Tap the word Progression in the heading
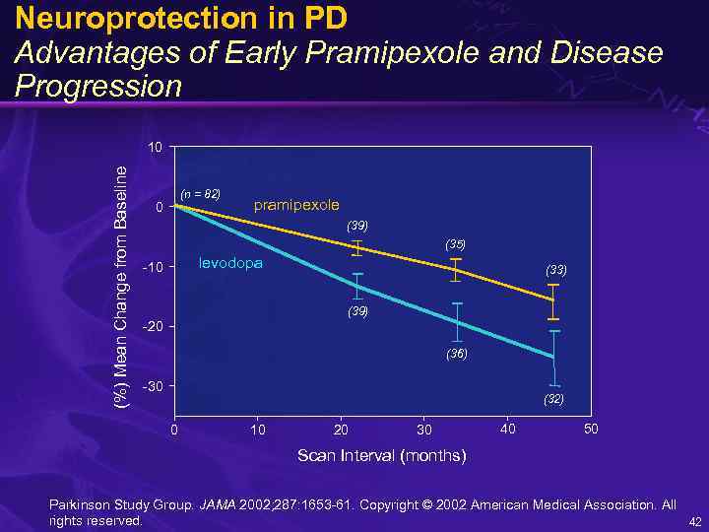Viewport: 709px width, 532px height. (x=98, y=86)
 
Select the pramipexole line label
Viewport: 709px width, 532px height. (x=296, y=205)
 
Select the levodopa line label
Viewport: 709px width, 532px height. (x=230, y=263)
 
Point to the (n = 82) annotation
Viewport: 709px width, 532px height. (x=199, y=193)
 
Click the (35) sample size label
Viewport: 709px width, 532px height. (x=455, y=243)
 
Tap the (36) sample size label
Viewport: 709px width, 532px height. (x=455, y=353)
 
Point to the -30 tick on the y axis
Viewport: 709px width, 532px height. (x=155, y=385)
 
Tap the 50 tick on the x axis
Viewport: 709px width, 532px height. (x=590, y=430)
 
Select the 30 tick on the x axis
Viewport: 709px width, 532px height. (x=423, y=430)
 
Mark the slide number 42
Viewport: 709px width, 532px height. (x=694, y=521)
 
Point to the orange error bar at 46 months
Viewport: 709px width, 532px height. (x=553, y=301)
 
